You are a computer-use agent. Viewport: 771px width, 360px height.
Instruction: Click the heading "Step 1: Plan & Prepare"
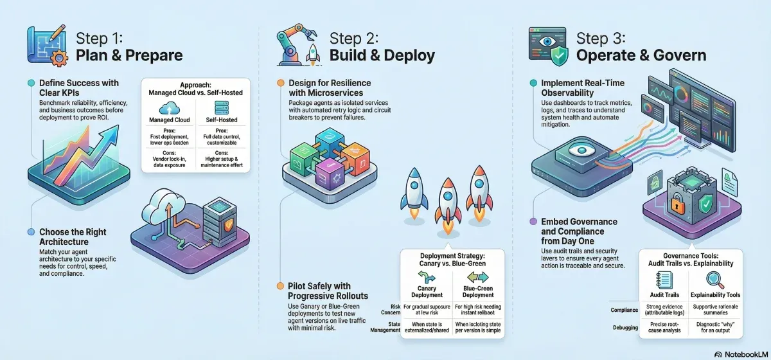tap(128, 46)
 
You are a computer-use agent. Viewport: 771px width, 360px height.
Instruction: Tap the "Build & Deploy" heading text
tap(382, 55)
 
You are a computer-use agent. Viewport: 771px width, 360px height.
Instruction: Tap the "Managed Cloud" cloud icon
tap(169, 107)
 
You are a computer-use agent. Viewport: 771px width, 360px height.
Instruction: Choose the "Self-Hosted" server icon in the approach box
tap(222, 107)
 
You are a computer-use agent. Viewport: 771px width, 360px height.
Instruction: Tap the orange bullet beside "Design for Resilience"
tap(280, 83)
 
